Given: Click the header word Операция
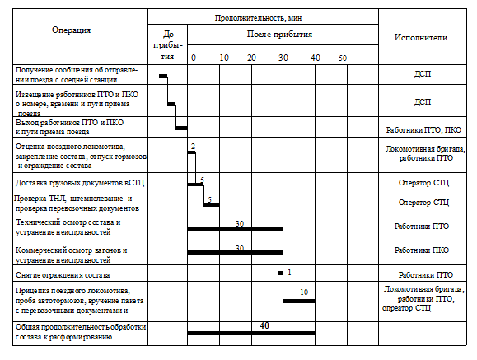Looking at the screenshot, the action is [71, 30].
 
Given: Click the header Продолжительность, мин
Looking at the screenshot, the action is [259, 18].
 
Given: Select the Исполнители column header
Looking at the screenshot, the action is [421, 37].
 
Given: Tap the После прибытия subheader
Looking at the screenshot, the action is [279, 34].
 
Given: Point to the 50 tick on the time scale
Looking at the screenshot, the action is [343, 58].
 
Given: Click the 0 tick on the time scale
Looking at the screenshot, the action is [194, 58].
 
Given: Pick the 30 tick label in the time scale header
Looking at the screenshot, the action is [283, 58].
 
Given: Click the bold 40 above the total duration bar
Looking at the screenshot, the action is [264, 325].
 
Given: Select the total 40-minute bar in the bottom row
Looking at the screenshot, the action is [251, 334].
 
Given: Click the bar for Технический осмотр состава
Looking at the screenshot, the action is [235, 228].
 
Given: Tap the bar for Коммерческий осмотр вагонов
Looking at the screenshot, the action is [235, 252].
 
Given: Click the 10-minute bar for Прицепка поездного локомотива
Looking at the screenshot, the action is [299, 301].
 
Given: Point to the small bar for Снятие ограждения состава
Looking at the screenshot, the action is [280, 273].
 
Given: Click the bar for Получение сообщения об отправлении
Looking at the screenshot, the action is [163, 76].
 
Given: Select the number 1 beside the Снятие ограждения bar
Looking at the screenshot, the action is [289, 273].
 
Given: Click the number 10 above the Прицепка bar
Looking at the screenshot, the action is [304, 292].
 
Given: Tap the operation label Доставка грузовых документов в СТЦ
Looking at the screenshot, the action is [80, 183].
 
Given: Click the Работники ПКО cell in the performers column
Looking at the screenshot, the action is [422, 250].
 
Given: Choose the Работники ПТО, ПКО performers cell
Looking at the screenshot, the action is [423, 130].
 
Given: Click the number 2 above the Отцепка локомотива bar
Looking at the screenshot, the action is [193, 147].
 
